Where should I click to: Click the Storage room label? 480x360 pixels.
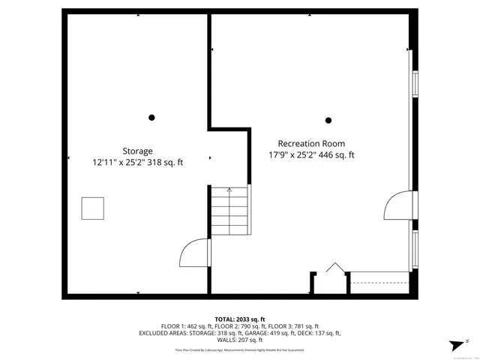coord(137,151)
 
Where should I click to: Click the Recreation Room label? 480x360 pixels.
coord(311,144)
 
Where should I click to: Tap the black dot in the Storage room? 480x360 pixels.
coord(151,117)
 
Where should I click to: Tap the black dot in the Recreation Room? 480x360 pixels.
coord(328,120)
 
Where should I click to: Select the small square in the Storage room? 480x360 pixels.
coord(93,208)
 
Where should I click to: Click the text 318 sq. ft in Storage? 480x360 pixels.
coord(164,162)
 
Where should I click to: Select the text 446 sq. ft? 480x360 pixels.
coord(336,155)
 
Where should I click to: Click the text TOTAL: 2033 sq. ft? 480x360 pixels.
coord(240,319)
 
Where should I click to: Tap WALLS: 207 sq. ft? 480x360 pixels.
coord(240,340)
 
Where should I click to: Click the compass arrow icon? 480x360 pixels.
coord(454,344)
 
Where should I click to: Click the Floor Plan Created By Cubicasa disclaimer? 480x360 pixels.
coord(240,349)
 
